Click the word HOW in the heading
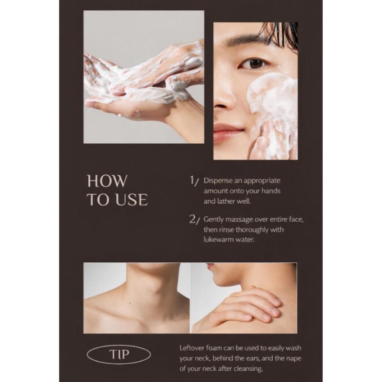[x=107, y=181]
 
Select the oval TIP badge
[x=119, y=354]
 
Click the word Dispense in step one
[x=218, y=181]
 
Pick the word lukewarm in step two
[x=218, y=239]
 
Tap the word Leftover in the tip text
[x=192, y=348]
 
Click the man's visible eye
[x=254, y=63]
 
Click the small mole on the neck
[x=130, y=303]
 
